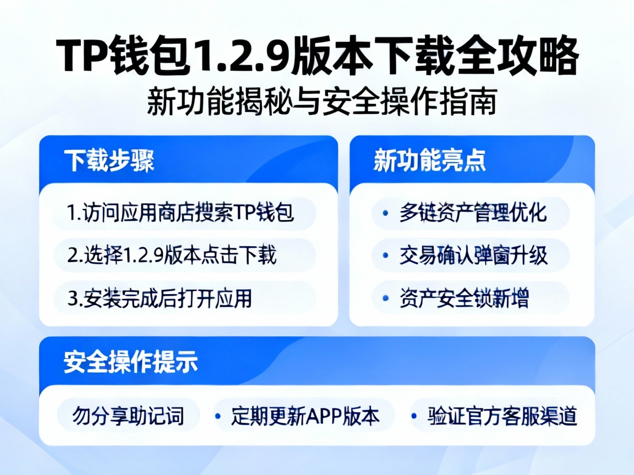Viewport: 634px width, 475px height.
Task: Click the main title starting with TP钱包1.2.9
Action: [318, 57]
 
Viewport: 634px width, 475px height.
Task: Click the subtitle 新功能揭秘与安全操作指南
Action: [322, 102]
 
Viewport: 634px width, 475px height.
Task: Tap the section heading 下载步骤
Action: [109, 161]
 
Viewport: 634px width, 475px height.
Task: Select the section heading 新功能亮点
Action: [430, 161]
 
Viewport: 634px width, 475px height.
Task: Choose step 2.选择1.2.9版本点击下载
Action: [172, 255]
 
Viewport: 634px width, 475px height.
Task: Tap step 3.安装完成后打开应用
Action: [160, 298]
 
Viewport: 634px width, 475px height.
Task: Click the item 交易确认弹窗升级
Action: [473, 255]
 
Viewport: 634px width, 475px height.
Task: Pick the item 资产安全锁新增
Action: [464, 298]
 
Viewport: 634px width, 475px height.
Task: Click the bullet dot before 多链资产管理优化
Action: [389, 213]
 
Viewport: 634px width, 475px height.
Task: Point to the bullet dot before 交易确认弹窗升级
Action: [389, 256]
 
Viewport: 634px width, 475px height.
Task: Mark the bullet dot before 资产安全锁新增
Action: [389, 298]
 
